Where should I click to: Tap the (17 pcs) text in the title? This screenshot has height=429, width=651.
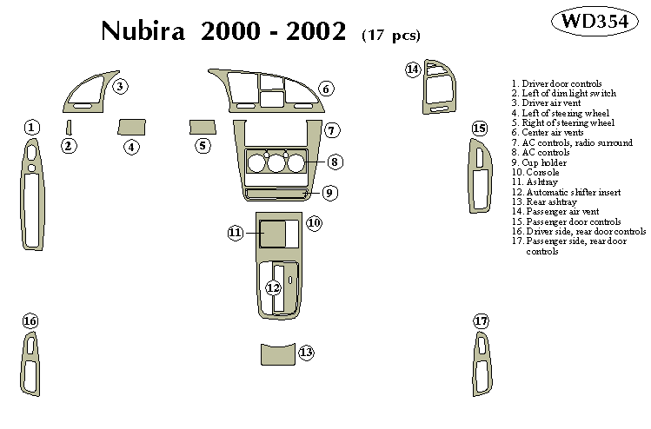[390, 36]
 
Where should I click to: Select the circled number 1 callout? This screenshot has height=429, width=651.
[31, 128]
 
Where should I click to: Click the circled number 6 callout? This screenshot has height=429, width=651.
[326, 89]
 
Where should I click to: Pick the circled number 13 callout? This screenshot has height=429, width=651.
[306, 353]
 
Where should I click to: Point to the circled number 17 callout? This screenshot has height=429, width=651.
[482, 321]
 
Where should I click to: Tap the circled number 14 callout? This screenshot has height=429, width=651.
[413, 69]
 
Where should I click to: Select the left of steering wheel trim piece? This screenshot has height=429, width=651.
[131, 127]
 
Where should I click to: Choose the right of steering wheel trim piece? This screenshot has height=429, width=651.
[202, 127]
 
